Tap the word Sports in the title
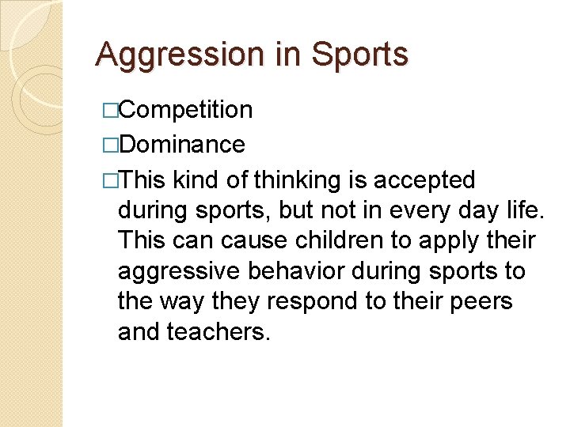359,55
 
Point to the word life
526,211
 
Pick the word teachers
218,331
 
